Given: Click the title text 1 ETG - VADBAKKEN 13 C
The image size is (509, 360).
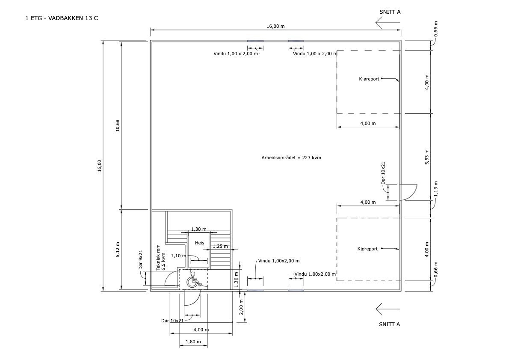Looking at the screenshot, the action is pyautogui.click(x=62, y=18).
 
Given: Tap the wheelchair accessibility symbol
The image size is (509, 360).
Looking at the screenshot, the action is pyautogui.click(x=193, y=280).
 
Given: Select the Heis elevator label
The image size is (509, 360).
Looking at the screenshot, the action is pyautogui.click(x=200, y=243).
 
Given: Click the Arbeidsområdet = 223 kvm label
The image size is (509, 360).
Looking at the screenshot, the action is pyautogui.click(x=291, y=158).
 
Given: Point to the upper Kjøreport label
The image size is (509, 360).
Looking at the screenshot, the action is pyautogui.click(x=369, y=79).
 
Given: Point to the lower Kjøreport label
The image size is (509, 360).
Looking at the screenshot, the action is pyautogui.click(x=367, y=249).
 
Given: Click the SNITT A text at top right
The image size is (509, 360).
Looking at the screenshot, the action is pyautogui.click(x=390, y=12).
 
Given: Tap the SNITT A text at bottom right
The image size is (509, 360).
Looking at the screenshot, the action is pyautogui.click(x=390, y=324).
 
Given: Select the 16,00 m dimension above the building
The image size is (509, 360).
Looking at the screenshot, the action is pyautogui.click(x=275, y=26).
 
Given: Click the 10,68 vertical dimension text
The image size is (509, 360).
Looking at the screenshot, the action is pyautogui.click(x=118, y=125).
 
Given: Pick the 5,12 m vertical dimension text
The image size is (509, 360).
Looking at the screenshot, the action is pyautogui.click(x=118, y=250).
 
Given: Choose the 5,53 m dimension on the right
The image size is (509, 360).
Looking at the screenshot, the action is pyautogui.click(x=427, y=157).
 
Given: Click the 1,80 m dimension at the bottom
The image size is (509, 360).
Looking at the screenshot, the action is pyautogui.click(x=193, y=342).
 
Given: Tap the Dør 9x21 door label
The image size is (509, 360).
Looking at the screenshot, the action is pyautogui.click(x=141, y=259).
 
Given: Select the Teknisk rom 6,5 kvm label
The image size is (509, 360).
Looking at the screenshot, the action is pyautogui.click(x=161, y=258).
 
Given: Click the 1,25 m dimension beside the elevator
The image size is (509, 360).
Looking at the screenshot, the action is pyautogui.click(x=220, y=246).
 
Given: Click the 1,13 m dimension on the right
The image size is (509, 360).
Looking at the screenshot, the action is pyautogui.click(x=435, y=189).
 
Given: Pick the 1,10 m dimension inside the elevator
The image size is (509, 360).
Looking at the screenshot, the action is pyautogui.click(x=178, y=256).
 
